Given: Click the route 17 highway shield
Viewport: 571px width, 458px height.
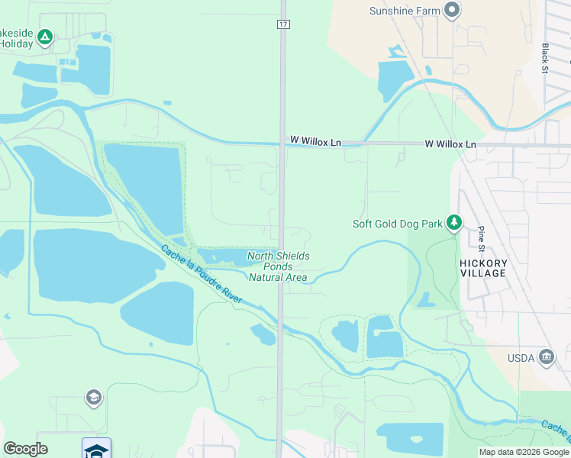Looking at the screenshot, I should point(282,24).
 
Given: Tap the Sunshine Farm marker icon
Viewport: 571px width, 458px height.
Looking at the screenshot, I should point(453,11).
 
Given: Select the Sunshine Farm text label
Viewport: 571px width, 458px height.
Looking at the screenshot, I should point(405,11).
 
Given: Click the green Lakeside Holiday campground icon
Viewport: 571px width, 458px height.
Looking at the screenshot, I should point(45,37).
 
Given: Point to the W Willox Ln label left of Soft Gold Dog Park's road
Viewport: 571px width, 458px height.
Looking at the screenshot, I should point(315,142).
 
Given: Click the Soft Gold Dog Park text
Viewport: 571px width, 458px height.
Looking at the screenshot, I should point(397,224).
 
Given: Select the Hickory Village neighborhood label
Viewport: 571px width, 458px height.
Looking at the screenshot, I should point(482,268).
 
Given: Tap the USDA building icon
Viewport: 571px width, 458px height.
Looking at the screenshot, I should point(546,357).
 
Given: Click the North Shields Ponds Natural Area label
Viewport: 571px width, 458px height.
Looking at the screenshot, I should point(279,266).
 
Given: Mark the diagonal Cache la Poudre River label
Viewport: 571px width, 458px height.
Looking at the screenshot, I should point(202,275).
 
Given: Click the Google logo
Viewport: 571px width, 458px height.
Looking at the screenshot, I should point(25,449).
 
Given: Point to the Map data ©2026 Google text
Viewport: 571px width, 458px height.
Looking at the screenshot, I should point(524,452).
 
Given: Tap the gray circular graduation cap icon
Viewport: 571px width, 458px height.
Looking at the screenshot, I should point(93,398).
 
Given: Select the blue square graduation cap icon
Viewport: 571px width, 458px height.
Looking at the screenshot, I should point(96,449).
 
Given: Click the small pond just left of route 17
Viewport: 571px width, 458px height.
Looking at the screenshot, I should point(263,334).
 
